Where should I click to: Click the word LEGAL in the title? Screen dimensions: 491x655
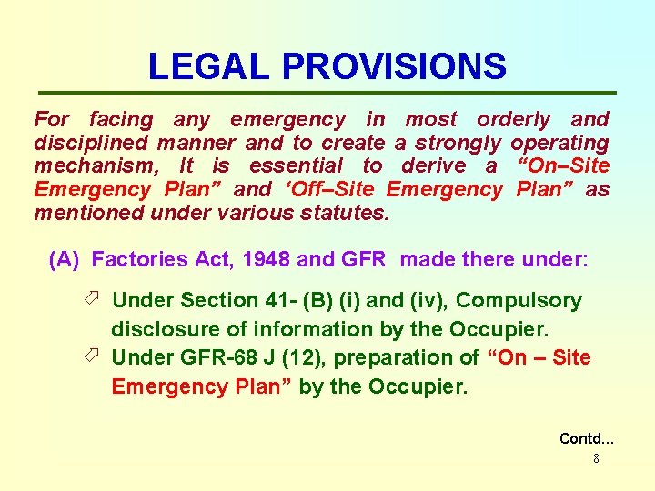click(210, 66)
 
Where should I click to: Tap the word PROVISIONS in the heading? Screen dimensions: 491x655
click(394, 66)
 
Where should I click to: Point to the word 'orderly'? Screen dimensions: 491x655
click(514, 119)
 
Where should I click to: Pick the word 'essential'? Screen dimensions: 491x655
click(296, 165)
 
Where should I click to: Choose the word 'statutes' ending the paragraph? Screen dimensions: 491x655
click(348, 213)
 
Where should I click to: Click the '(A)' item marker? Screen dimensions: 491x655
click(65, 260)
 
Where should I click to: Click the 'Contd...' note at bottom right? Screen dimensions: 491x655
click(587, 438)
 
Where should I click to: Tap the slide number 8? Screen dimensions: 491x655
click(596, 459)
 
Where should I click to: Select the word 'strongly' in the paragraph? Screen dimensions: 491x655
click(459, 143)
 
